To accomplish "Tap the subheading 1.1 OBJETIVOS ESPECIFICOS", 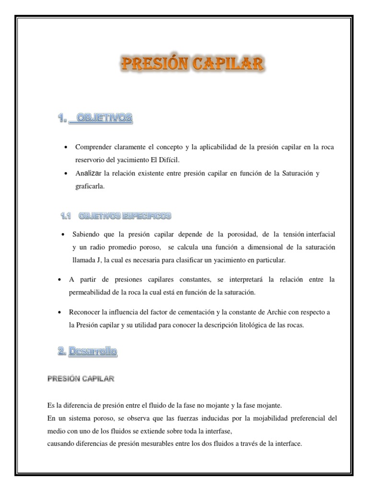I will (115, 216).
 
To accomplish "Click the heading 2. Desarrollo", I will (87, 351).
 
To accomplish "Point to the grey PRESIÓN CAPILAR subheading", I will (80, 379).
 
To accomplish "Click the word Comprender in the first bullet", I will (93, 147).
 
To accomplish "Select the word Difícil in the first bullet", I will (172, 159).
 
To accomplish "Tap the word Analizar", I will (88, 173).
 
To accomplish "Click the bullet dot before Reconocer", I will (59, 312).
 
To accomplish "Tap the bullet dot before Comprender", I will (66, 147).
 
